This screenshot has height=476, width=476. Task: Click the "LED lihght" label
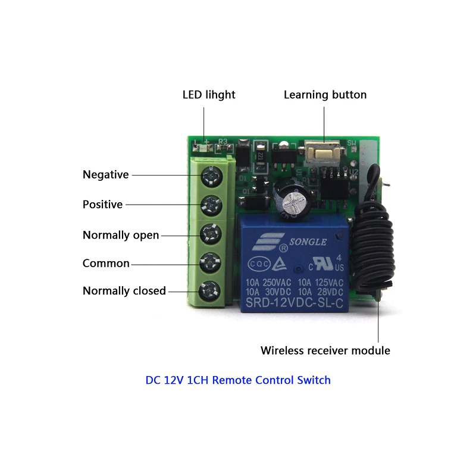pyautogui.click(x=208, y=95)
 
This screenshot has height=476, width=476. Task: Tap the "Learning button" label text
pyautogui.click(x=325, y=95)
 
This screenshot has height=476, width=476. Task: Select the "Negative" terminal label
pyautogui.click(x=105, y=174)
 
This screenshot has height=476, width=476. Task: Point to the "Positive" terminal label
pyautogui.click(x=102, y=204)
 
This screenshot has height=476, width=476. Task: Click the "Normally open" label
pyautogui.click(x=121, y=235)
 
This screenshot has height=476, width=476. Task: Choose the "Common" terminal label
pyautogui.click(x=106, y=263)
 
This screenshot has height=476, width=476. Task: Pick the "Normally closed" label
pyautogui.click(x=124, y=291)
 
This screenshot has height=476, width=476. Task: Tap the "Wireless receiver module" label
pyautogui.click(x=325, y=350)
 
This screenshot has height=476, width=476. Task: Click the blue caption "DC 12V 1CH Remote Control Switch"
pyautogui.click(x=238, y=380)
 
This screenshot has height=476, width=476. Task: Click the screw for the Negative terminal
pyautogui.click(x=211, y=175)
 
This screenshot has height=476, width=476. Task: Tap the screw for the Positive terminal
pyautogui.click(x=211, y=204)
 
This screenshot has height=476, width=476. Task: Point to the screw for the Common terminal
pyautogui.click(x=211, y=262)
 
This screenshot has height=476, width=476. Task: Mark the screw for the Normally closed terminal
pyautogui.click(x=211, y=290)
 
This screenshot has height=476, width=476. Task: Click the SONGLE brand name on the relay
pyautogui.click(x=307, y=242)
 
